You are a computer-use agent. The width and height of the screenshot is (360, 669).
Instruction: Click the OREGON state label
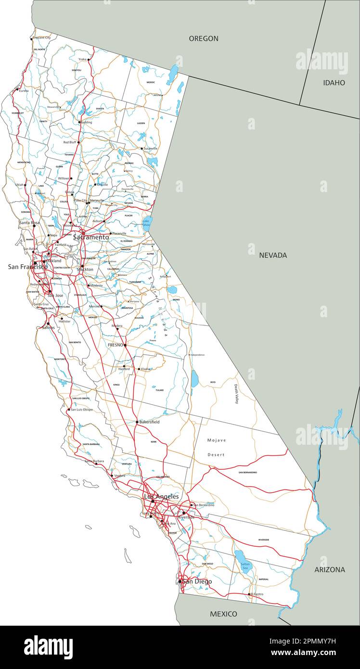[x=203, y=39]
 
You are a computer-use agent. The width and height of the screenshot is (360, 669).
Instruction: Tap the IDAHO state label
[x=334, y=83]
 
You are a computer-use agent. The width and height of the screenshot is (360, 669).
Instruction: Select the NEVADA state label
[x=273, y=255]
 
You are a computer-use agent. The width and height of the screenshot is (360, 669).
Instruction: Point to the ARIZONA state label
[x=330, y=569]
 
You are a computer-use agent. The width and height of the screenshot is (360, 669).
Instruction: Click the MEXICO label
[x=223, y=614]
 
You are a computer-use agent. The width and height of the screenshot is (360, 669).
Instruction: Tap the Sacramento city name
[x=91, y=237]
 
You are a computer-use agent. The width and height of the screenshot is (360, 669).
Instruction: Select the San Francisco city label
[x=27, y=267]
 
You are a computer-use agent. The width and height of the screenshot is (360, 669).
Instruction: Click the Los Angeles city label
[x=162, y=496]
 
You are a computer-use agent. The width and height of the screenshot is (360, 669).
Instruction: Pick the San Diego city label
[x=197, y=581]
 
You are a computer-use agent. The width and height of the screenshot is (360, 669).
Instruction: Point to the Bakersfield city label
[x=149, y=422]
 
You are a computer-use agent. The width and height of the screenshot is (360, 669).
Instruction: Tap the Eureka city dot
[x=18, y=90]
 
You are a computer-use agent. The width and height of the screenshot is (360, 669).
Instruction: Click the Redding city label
[x=86, y=122]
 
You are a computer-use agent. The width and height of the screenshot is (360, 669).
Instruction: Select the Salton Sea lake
[x=241, y=558]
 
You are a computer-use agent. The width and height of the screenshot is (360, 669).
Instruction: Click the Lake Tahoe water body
[x=146, y=222]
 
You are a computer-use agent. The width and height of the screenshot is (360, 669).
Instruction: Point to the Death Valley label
[x=236, y=394]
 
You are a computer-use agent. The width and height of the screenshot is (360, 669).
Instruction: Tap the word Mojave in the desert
[x=217, y=440]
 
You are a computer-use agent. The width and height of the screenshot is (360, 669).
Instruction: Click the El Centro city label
[x=257, y=594]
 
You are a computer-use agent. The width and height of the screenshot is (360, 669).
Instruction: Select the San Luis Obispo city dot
[x=68, y=410]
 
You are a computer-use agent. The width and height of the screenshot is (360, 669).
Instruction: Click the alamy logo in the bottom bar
[x=48, y=647]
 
